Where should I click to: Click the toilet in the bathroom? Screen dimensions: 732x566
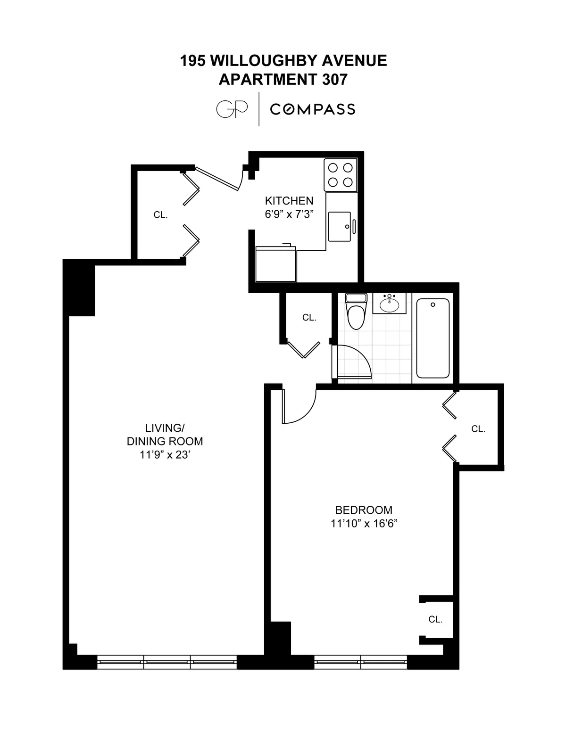click(x=356, y=312)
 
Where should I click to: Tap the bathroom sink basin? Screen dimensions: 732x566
click(x=389, y=304)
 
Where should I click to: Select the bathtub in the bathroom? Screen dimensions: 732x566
click(x=433, y=338)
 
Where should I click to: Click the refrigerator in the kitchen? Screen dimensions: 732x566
click(x=275, y=263)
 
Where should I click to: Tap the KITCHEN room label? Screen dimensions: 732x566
click(x=289, y=200)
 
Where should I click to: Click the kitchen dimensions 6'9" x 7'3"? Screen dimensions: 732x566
click(x=289, y=214)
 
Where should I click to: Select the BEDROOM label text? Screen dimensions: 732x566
click(x=364, y=510)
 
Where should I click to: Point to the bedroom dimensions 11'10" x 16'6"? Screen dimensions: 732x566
click(x=364, y=523)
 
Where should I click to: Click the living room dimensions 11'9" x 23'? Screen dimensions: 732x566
click(x=165, y=455)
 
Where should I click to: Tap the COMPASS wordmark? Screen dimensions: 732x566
click(x=312, y=109)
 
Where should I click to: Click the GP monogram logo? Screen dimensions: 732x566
click(x=232, y=109)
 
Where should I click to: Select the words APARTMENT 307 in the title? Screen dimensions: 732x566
click(x=283, y=80)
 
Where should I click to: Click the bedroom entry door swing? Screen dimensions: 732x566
click(x=298, y=406)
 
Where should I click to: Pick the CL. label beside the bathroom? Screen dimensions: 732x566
click(x=309, y=318)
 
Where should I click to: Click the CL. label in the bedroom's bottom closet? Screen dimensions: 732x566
click(x=435, y=619)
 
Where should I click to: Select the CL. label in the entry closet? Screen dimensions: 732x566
click(x=160, y=215)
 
